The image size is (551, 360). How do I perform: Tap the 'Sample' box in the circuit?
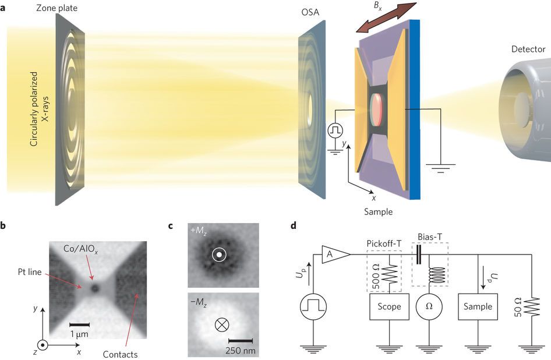coord(478,306)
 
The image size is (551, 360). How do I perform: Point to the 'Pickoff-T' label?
coord(383,241)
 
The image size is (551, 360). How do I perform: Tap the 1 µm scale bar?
coord(79,324)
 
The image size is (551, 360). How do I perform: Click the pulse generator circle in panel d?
coord(313,306)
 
